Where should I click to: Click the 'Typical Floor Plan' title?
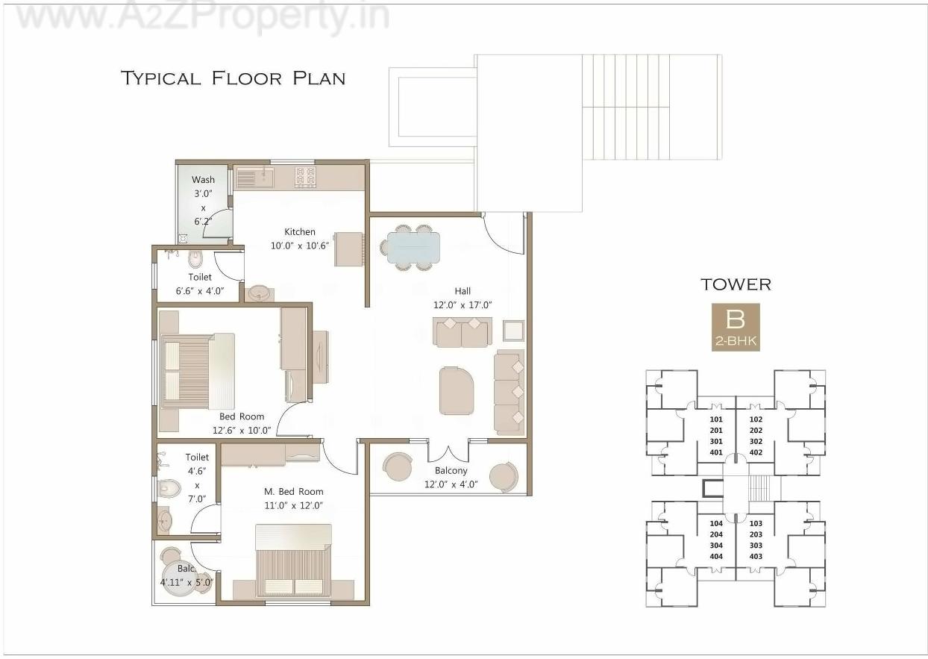233,78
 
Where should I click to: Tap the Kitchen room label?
300,231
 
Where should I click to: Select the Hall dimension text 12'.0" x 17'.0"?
463,304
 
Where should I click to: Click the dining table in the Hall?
413,246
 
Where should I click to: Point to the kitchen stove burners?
306,177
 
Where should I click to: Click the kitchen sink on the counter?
255,178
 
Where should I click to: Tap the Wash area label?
203,179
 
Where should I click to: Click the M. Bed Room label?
294,491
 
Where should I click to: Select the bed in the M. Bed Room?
293,561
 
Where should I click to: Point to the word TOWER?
736,284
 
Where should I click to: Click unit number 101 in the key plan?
716,419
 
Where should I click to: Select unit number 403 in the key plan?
756,556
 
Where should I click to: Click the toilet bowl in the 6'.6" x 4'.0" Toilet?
195,260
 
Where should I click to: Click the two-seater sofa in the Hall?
462,331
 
